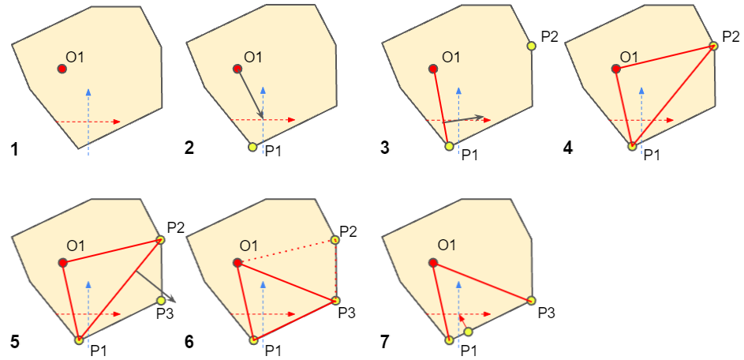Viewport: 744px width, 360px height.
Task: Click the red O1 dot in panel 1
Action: [x=62, y=69]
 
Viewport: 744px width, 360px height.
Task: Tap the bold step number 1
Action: [x=15, y=149]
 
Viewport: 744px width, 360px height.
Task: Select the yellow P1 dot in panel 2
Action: [x=252, y=147]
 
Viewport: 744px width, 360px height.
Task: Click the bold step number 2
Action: [x=190, y=149]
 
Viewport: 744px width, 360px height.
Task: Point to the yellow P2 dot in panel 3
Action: [x=532, y=46]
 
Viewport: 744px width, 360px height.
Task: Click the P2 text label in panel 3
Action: [x=549, y=37]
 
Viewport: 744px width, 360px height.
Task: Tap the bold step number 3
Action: [x=385, y=149]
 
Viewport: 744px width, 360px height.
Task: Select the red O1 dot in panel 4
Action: [x=616, y=69]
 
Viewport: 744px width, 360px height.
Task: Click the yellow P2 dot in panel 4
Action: [x=713, y=46]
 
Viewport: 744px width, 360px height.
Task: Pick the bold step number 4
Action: [x=568, y=149]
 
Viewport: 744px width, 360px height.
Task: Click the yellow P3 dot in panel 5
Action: [x=161, y=300]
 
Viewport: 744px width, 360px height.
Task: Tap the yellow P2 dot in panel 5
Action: [x=160, y=240]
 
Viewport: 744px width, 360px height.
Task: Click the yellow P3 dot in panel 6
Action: [x=335, y=300]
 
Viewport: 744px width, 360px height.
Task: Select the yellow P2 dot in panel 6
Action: [x=335, y=240]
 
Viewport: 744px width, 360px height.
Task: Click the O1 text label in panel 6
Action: [x=252, y=246]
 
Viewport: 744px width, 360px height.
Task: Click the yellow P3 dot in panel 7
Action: [x=531, y=300]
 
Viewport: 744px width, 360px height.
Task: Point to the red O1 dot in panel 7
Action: [x=432, y=263]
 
